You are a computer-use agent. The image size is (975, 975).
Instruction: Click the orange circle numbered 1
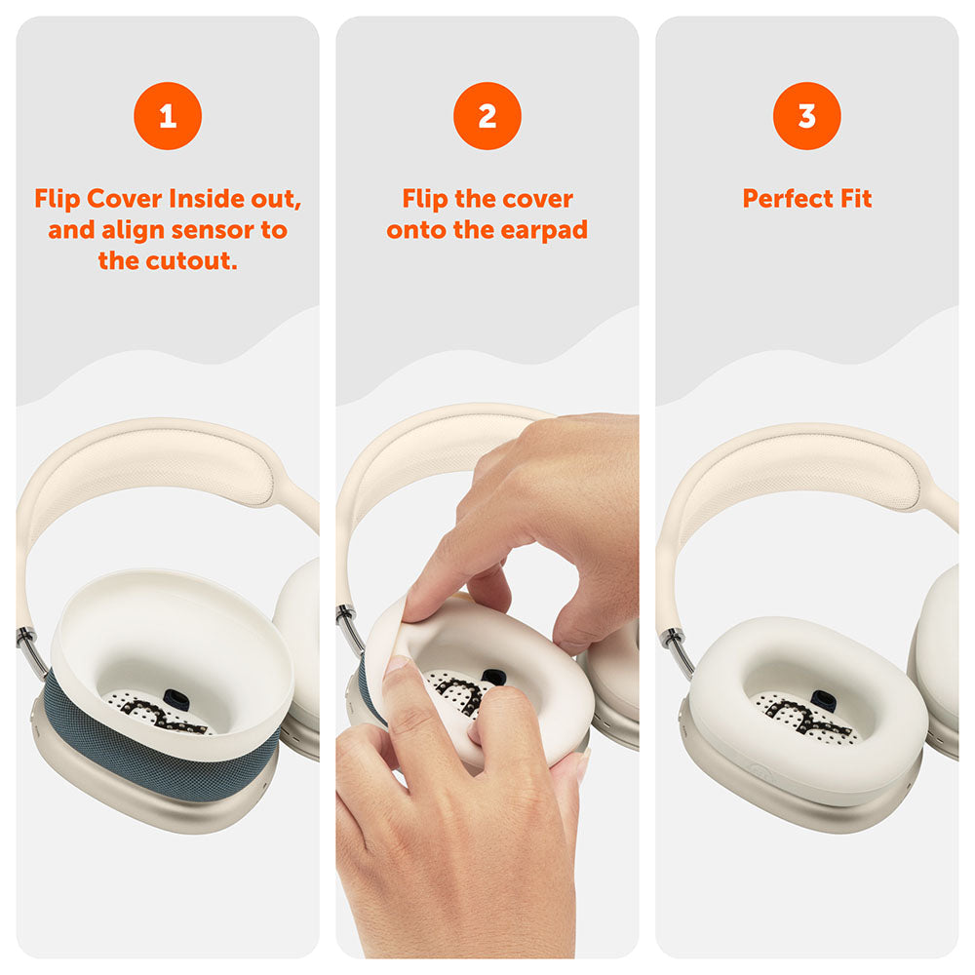168,116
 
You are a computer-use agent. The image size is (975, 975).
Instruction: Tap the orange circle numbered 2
487,116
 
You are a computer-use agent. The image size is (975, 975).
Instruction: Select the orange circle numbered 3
807,116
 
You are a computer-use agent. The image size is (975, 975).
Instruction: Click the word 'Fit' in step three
855,199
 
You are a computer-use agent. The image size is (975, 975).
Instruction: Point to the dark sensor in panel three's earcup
821,700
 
